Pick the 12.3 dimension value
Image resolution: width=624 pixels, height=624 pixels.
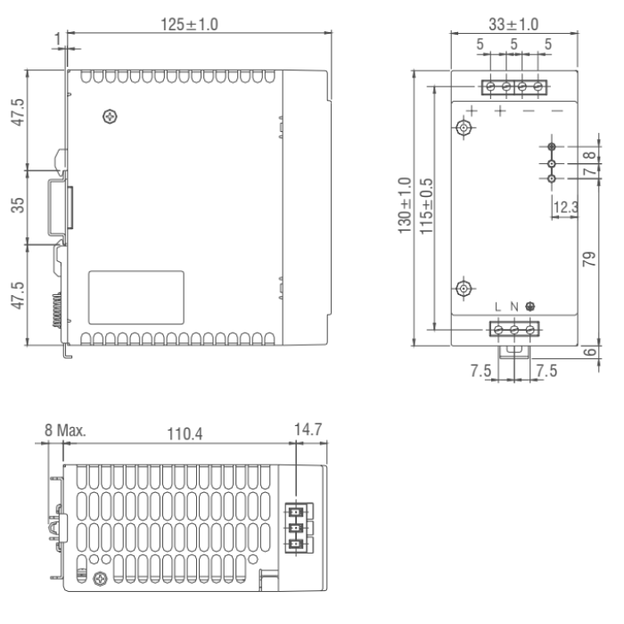[566, 208]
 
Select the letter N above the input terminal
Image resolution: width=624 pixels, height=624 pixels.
[514, 308]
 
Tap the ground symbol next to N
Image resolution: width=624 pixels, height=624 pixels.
[531, 308]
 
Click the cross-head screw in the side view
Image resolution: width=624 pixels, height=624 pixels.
[110, 115]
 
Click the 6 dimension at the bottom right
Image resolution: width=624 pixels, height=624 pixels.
[589, 353]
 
